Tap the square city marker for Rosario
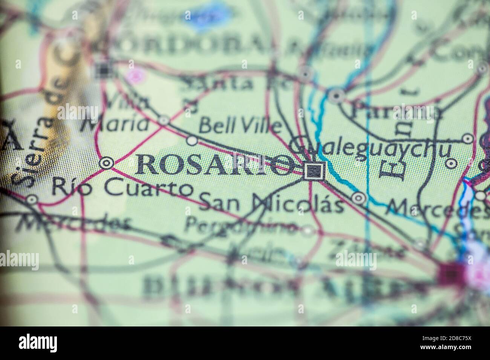click(x=314, y=171)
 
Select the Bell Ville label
click(x=240, y=126)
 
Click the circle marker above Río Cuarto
click(x=106, y=163)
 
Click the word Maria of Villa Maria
click(x=115, y=124)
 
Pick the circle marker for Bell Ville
click(x=192, y=141)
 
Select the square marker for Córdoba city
click(x=103, y=69)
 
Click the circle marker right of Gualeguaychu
click(x=452, y=163)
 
